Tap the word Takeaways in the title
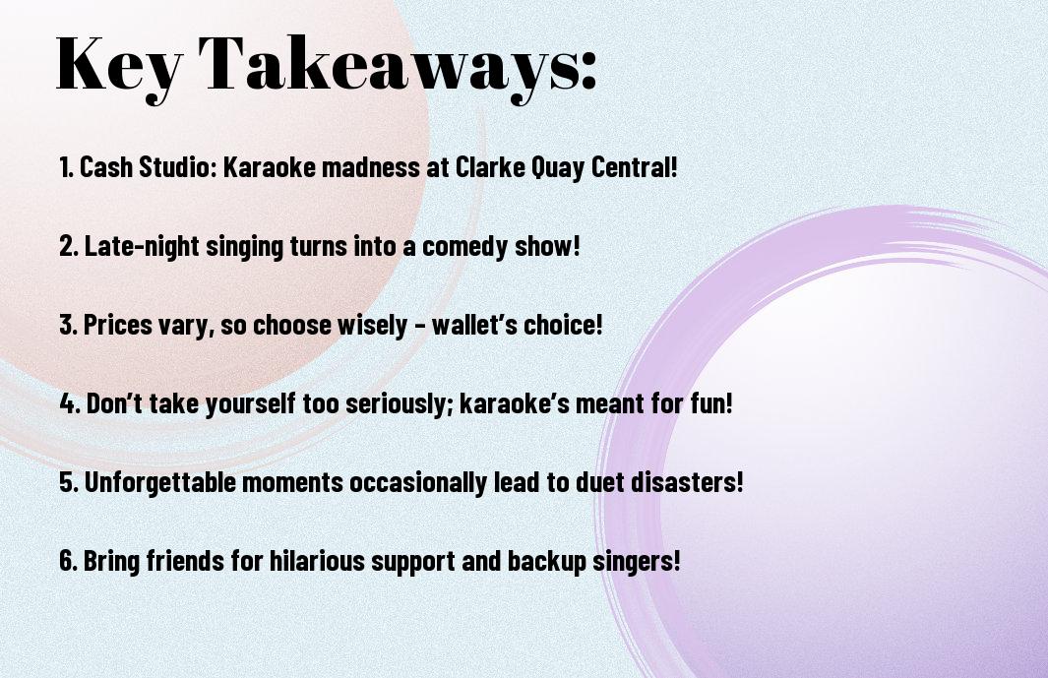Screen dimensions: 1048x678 389,64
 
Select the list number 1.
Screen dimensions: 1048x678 66,167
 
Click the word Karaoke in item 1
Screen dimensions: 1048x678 270,167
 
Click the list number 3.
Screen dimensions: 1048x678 68,325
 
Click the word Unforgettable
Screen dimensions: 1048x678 160,482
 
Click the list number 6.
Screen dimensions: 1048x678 68,561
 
